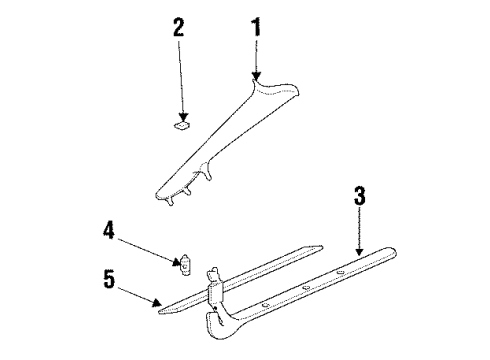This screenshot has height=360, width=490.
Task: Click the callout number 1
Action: [256, 27]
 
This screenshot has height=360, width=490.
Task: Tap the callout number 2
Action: [179, 27]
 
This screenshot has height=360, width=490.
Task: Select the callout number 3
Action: [359, 196]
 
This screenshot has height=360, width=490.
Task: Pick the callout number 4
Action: [108, 231]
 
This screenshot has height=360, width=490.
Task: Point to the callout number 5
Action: [109, 279]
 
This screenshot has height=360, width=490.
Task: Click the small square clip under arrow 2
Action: [182, 126]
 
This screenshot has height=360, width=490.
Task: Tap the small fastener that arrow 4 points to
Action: [185, 265]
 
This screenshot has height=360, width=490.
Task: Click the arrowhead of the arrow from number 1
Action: [256, 76]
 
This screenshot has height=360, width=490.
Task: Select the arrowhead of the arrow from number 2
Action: [183, 117]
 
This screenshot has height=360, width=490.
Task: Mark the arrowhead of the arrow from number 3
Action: [359, 252]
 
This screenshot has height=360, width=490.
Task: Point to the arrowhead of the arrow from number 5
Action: [157, 302]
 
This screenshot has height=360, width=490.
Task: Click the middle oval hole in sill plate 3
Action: [306, 288]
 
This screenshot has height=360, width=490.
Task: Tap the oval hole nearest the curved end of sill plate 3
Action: [266, 305]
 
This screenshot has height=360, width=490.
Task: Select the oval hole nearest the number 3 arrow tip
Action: [340, 273]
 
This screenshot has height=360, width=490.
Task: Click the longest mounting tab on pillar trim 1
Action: [206, 172]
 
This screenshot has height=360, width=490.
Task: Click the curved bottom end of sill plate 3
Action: [217, 325]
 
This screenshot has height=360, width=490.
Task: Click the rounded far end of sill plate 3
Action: [391, 252]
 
